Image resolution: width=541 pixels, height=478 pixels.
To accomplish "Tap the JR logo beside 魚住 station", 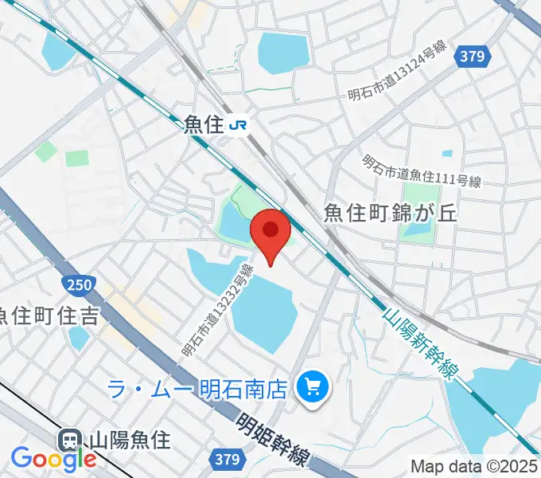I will point(237,124).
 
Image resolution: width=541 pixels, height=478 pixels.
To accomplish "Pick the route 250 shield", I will point(76,284).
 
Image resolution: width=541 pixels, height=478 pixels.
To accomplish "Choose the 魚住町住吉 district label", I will point(49,315).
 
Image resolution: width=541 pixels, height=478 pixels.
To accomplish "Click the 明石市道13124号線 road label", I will point(398,71).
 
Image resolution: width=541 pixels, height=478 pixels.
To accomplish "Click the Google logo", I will point(53,459).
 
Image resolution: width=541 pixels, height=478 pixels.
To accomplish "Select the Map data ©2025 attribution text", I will point(474,466).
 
